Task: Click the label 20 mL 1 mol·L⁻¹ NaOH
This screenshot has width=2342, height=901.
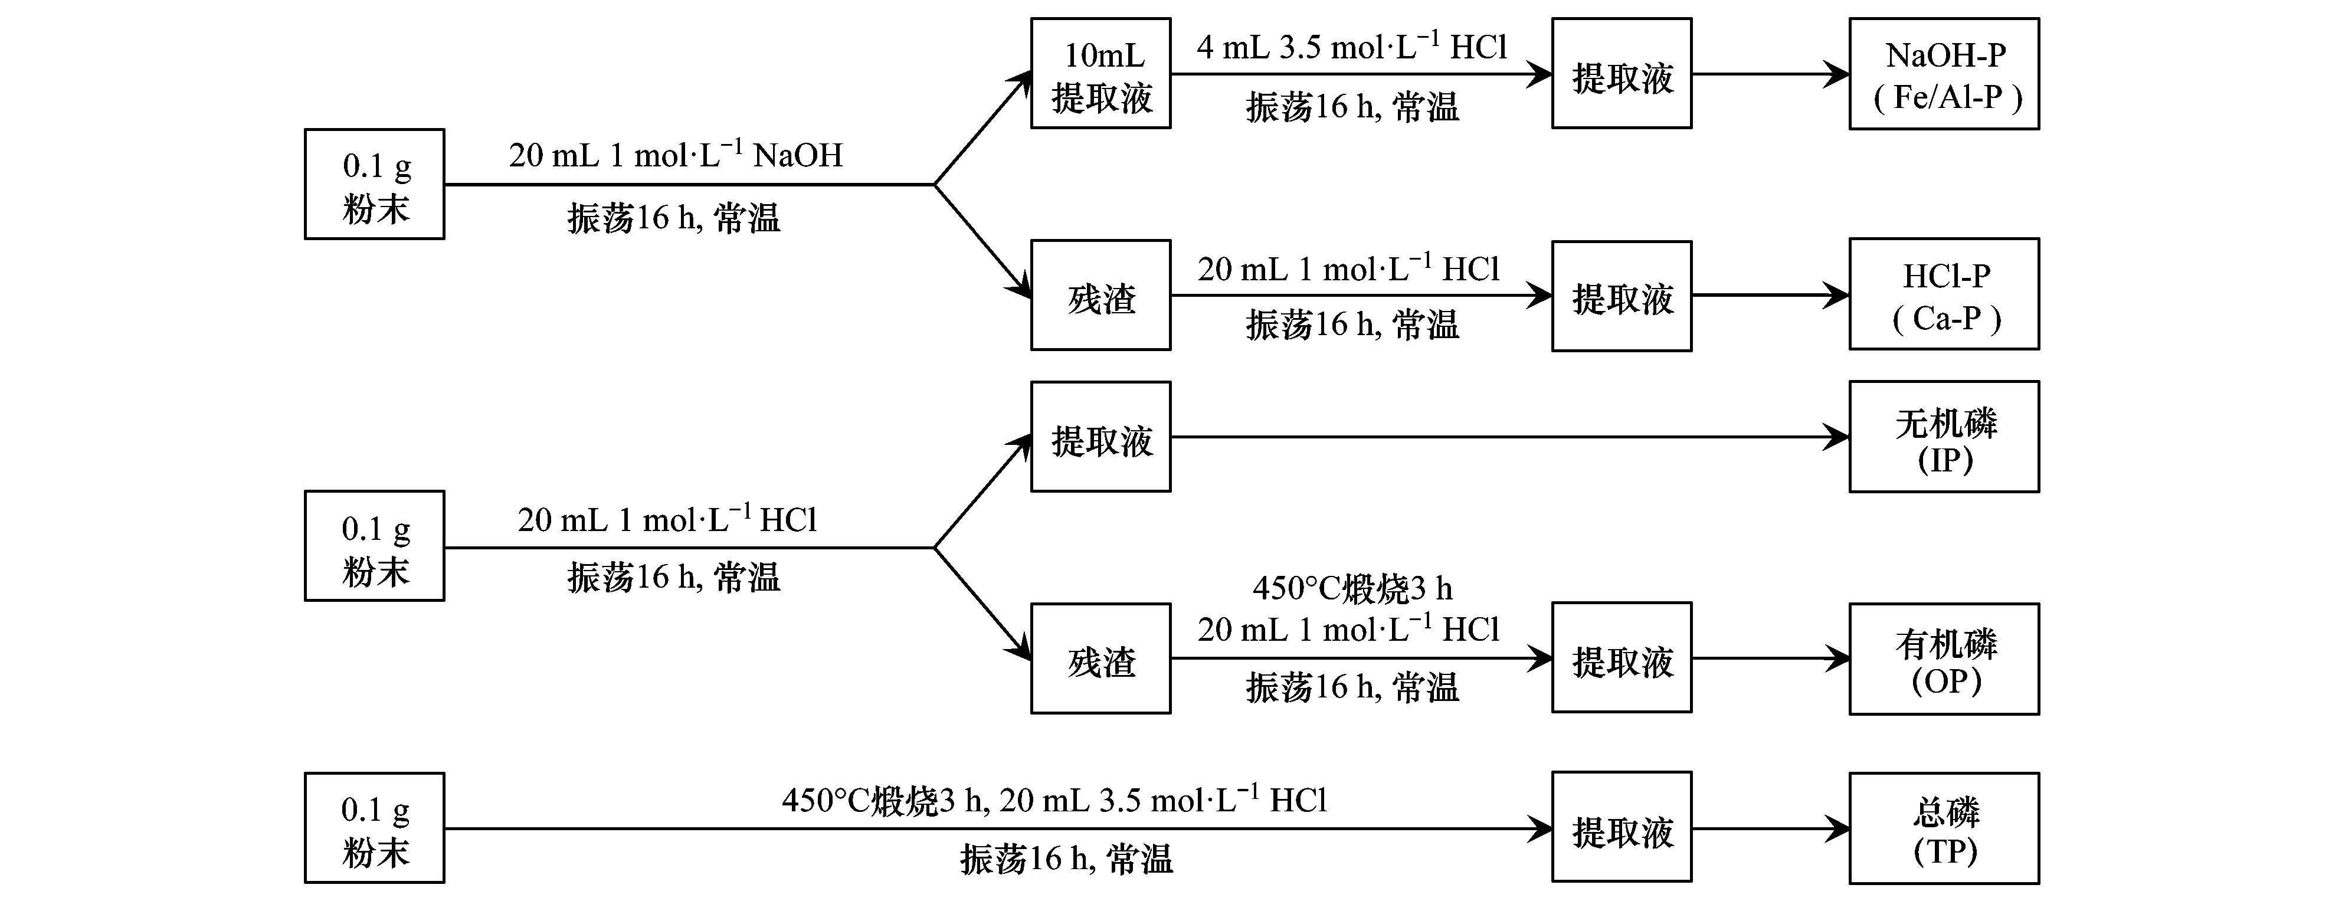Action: point(676,155)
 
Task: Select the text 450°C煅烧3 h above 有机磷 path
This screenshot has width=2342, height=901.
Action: point(1352,589)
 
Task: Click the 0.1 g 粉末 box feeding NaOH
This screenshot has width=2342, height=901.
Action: point(375,185)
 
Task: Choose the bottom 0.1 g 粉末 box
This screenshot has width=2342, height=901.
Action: point(375,828)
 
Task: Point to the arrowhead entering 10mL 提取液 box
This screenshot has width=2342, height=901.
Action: point(1023,82)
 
